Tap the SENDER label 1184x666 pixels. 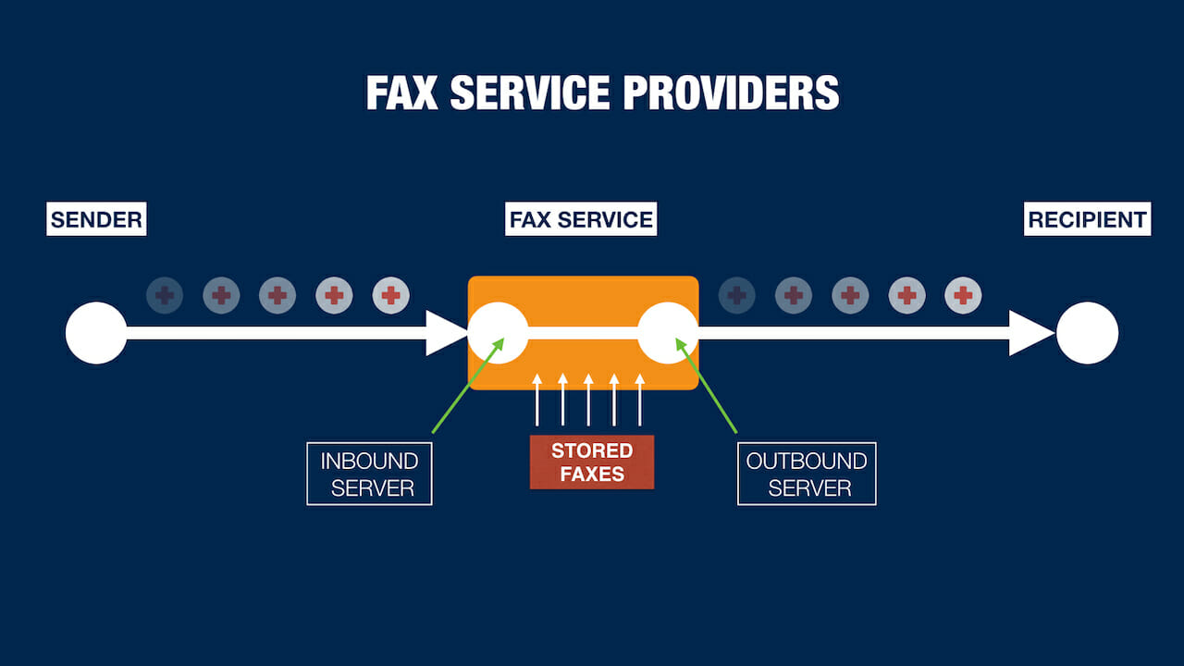(96, 220)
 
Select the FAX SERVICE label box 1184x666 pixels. (581, 220)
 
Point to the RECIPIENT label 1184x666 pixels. (1088, 220)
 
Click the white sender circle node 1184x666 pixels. (96, 333)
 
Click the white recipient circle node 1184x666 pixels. (1088, 333)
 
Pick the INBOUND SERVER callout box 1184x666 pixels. (369, 474)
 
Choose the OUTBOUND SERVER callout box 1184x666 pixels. (807, 474)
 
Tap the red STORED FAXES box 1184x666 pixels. (592, 462)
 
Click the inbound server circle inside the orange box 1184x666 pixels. (498, 333)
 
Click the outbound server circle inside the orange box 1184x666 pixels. (668, 333)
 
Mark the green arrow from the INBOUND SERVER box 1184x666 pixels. (467, 386)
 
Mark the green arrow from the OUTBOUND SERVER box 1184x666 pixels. (708, 386)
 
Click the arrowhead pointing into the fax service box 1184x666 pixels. (448, 333)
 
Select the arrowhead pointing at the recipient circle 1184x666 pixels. (1030, 333)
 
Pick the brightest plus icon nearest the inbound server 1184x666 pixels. (390, 296)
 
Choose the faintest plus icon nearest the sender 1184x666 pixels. (165, 296)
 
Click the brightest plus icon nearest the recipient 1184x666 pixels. (963, 296)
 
